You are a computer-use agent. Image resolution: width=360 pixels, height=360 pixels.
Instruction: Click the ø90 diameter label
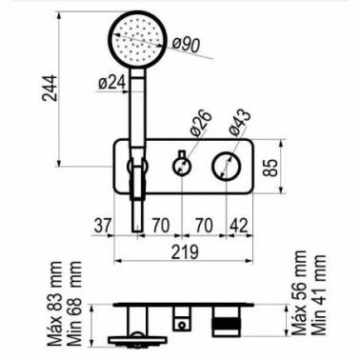[x=188, y=45]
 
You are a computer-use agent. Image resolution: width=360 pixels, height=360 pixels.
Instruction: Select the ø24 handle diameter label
[x=112, y=83]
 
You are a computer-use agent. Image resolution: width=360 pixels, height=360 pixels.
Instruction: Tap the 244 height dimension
[x=50, y=88]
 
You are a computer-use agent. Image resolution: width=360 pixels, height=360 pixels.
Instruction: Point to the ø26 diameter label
[x=201, y=123]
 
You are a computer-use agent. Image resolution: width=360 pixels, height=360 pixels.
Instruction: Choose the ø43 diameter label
[x=240, y=123]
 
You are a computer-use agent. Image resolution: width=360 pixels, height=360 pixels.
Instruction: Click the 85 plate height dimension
[x=270, y=167]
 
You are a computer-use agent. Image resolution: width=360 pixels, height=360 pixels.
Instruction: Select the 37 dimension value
[x=103, y=226]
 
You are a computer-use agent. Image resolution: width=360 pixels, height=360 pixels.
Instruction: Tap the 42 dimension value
[x=238, y=226]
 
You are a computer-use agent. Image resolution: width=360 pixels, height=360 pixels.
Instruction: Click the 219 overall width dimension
[x=185, y=251]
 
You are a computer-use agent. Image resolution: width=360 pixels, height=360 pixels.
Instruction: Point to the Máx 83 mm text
[x=54, y=304]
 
